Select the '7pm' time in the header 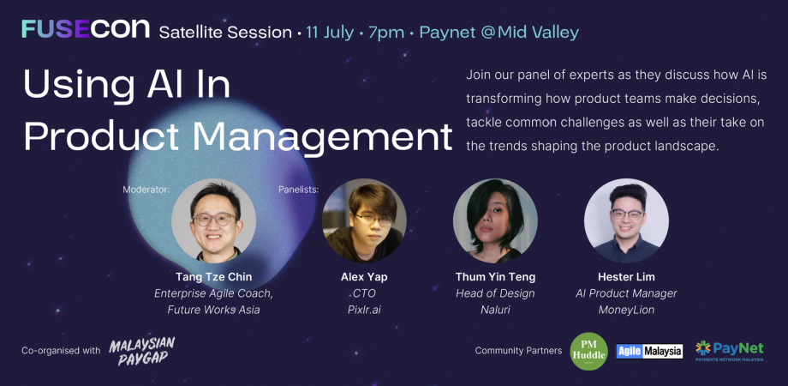[386, 33]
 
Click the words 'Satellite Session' [225, 33]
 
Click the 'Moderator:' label [146, 189]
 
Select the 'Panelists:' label [299, 189]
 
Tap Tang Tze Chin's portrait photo [213, 220]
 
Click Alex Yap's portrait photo [364, 220]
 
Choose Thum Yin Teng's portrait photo [495, 220]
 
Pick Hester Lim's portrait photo [626, 220]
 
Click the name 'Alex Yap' [364, 277]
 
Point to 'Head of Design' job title [495, 293]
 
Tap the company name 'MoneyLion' [626, 310]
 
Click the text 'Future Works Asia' [213, 310]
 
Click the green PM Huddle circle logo [588, 351]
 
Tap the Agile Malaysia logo [649, 351]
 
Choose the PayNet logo [729, 351]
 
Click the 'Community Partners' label [518, 351]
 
